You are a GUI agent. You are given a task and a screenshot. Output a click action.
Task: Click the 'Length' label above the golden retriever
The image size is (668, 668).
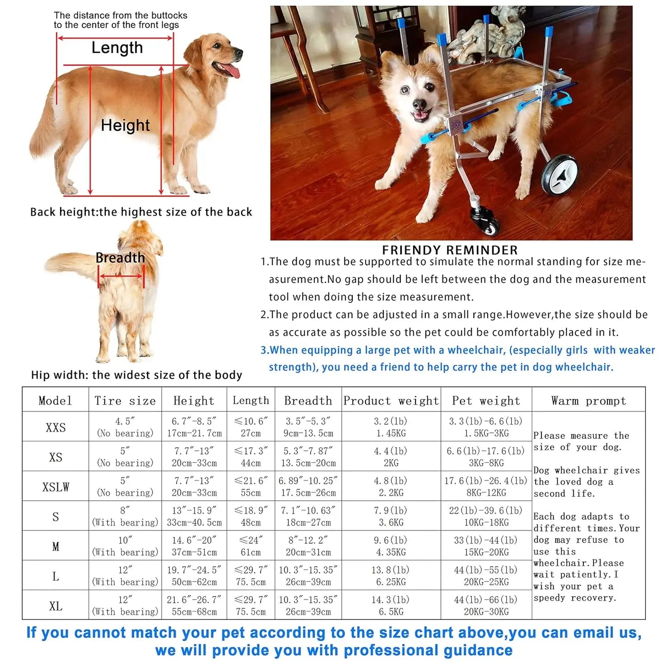pyautogui.click(x=117, y=48)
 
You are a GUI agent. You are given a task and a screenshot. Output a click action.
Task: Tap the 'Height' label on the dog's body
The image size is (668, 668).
pyautogui.click(x=125, y=125)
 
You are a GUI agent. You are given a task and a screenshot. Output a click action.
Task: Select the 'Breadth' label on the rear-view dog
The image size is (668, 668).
pyautogui.click(x=120, y=258)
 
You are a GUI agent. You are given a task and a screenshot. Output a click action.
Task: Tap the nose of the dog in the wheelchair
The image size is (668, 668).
pyautogui.click(x=419, y=104)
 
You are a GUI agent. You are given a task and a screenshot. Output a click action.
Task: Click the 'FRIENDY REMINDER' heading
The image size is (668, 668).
pyautogui.click(x=449, y=250)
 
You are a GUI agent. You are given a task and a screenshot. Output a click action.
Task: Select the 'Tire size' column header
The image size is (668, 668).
pyautogui.click(x=125, y=400)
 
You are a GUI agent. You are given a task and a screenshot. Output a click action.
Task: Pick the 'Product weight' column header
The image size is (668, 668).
pyautogui.click(x=391, y=400)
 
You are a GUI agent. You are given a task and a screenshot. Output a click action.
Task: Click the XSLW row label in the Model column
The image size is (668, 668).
pyautogui.click(x=55, y=487)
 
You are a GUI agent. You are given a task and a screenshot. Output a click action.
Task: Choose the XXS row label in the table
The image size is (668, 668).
pyautogui.click(x=55, y=427)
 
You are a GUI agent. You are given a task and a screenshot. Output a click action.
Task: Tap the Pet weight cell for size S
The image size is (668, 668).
pyautogui.click(x=486, y=516)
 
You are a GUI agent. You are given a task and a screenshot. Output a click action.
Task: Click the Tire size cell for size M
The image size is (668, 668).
pyautogui.click(x=125, y=546)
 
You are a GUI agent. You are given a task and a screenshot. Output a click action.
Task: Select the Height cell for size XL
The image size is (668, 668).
pyautogui.click(x=194, y=606)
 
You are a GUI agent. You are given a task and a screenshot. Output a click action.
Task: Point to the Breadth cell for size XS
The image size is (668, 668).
pyautogui.click(x=308, y=457)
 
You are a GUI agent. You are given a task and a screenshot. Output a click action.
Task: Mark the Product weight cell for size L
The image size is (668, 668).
pyautogui.click(x=391, y=576)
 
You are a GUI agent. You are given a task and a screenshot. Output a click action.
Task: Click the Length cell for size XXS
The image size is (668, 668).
pyautogui.click(x=251, y=427)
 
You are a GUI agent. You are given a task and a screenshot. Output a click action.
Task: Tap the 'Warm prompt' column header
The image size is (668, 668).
pyautogui.click(x=588, y=400)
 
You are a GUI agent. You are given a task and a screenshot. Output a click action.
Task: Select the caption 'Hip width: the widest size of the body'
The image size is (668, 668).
pyautogui.click(x=136, y=375)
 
